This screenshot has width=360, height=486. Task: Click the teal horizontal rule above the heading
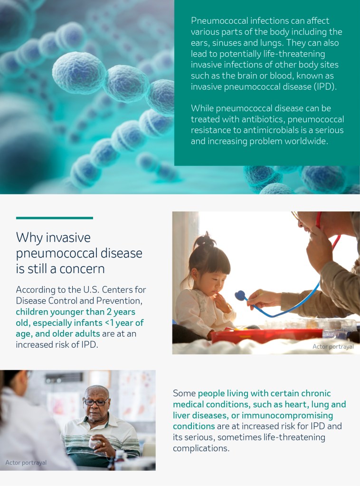tap(55, 218)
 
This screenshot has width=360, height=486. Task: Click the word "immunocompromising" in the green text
tap(287, 415)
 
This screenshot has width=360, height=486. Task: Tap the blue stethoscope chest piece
tap(240, 295)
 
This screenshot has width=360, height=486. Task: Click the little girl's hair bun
tap(205, 240)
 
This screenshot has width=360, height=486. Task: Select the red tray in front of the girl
tap(267, 335)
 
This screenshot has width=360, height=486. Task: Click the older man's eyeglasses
tap(96, 402)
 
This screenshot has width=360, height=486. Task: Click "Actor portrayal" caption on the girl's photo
tap(333, 346)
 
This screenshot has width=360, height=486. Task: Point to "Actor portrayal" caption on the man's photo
tap(26, 462)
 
